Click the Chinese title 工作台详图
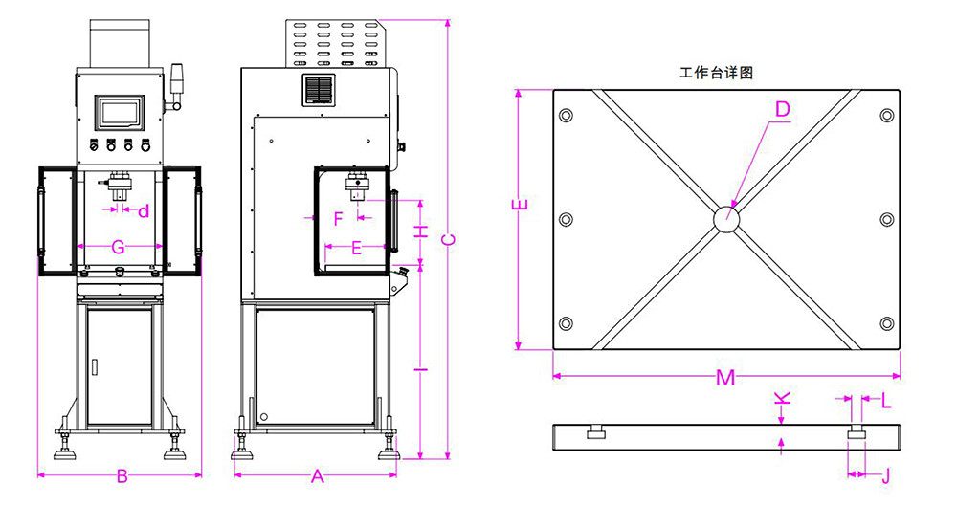pyautogui.click(x=717, y=73)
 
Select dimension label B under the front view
pyautogui.click(x=122, y=476)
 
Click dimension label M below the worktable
pyautogui.click(x=726, y=378)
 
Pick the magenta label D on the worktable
pyautogui.click(x=782, y=110)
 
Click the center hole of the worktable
pyautogui.click(x=726, y=219)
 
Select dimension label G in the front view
pyautogui.click(x=119, y=247)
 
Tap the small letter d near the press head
pyautogui.click(x=144, y=210)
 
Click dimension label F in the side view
pyautogui.click(x=338, y=218)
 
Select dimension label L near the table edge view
pyautogui.click(x=886, y=400)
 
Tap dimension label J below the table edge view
pyautogui.click(x=885, y=473)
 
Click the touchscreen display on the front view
pyautogui.click(x=121, y=112)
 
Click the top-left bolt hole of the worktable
pyautogui.click(x=566, y=116)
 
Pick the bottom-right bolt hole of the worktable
pyautogui.click(x=887, y=323)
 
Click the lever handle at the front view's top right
pyautogui.click(x=176, y=84)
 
